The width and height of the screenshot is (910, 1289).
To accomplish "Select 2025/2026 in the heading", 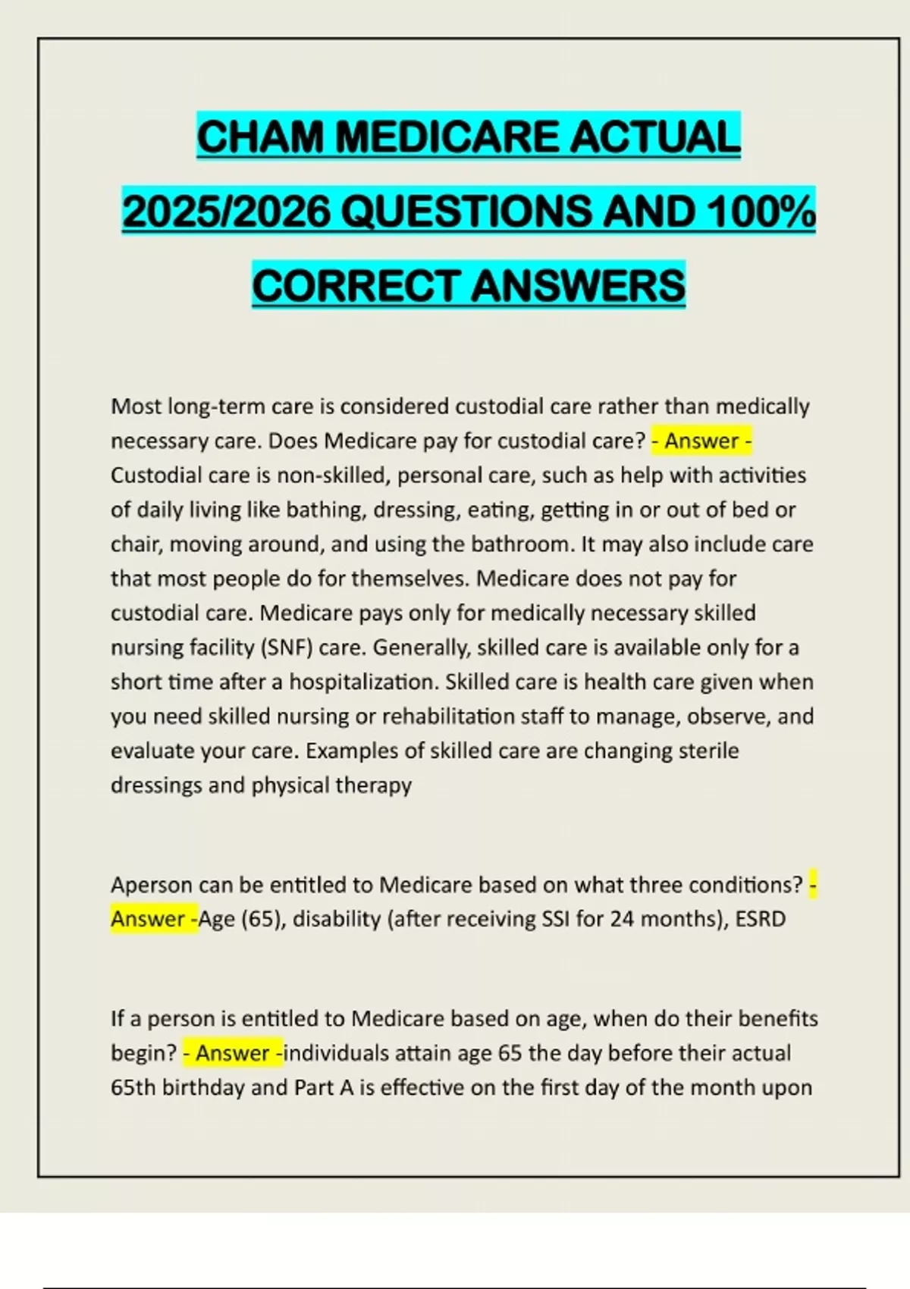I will (226, 212).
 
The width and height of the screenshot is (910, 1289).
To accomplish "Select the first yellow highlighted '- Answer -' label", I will (701, 441).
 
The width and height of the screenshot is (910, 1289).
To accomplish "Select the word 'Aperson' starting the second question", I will (151, 885).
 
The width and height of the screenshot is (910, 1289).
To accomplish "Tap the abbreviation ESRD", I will (761, 919).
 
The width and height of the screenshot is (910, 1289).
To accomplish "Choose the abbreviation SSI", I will (556, 919).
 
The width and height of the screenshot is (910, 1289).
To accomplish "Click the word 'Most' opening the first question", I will (136, 406).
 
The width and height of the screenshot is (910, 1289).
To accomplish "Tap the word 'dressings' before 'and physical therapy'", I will (156, 785).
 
